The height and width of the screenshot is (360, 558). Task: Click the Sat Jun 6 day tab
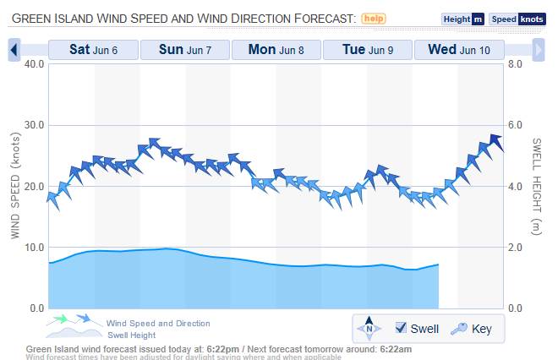pos(93,50)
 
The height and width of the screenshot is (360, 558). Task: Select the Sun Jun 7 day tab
pos(185,50)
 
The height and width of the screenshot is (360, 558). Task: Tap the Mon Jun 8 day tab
pos(276,50)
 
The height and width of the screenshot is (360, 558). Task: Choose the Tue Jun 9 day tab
pos(367,50)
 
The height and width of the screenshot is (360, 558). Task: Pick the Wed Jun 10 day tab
pos(458,50)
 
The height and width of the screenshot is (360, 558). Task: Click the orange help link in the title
pos(374,18)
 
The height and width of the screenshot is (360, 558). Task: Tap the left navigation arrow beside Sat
pos(14,51)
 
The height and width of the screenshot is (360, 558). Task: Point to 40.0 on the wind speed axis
pos(30,64)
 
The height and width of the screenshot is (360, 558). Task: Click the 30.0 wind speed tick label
pos(30,125)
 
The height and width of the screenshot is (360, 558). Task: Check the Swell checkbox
pos(402,328)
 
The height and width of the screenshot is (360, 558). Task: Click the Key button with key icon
pos(473,328)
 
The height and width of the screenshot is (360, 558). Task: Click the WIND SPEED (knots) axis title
pos(14,185)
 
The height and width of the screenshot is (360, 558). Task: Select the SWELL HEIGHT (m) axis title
pos(536,185)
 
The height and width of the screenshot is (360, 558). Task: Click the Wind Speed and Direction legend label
pos(158,324)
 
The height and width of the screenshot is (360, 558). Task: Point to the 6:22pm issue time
pos(224,348)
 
